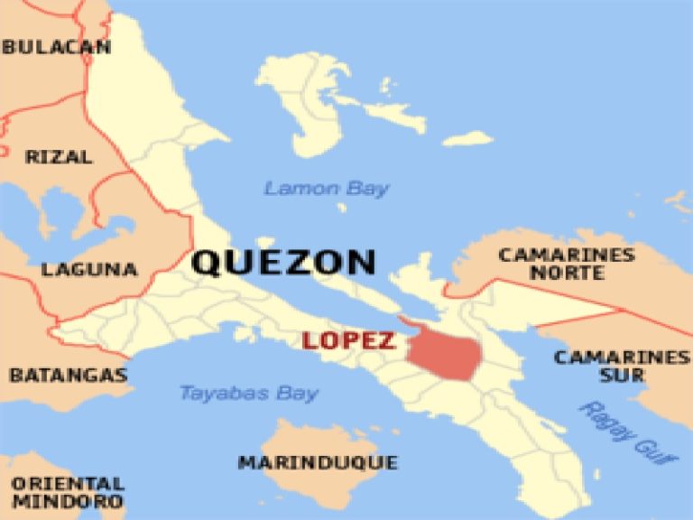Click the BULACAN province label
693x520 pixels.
(x=56, y=47)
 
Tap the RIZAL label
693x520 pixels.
(x=59, y=157)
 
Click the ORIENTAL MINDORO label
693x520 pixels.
(x=68, y=492)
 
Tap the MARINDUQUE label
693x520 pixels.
(x=317, y=462)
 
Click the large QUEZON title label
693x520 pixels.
(x=283, y=262)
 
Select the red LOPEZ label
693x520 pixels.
(x=348, y=340)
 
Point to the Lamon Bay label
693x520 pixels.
(x=327, y=189)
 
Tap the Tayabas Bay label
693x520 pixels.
(x=248, y=393)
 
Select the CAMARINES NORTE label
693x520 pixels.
(x=566, y=263)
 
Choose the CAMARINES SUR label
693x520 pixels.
(x=621, y=366)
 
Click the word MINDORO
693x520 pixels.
(x=68, y=501)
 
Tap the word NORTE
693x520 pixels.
(x=567, y=272)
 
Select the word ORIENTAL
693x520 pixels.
(x=68, y=483)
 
